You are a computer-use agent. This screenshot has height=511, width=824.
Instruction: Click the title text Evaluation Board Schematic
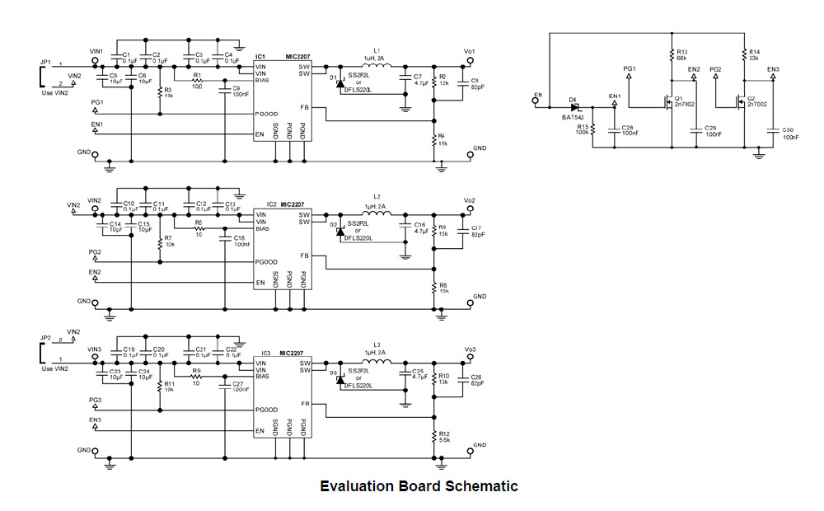click(x=419, y=486)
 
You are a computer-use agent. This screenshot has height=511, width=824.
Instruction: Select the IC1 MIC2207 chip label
click(x=281, y=56)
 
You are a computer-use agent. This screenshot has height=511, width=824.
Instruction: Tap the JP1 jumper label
click(x=44, y=63)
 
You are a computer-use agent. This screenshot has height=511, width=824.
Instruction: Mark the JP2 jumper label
click(x=44, y=338)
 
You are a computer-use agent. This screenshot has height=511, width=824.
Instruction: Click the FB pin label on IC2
click(x=305, y=255)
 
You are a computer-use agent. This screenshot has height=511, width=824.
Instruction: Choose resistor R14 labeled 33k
click(x=745, y=56)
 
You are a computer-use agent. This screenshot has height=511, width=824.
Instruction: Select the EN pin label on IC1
click(x=260, y=134)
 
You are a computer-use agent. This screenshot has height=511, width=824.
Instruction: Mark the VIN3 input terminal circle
click(x=96, y=359)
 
